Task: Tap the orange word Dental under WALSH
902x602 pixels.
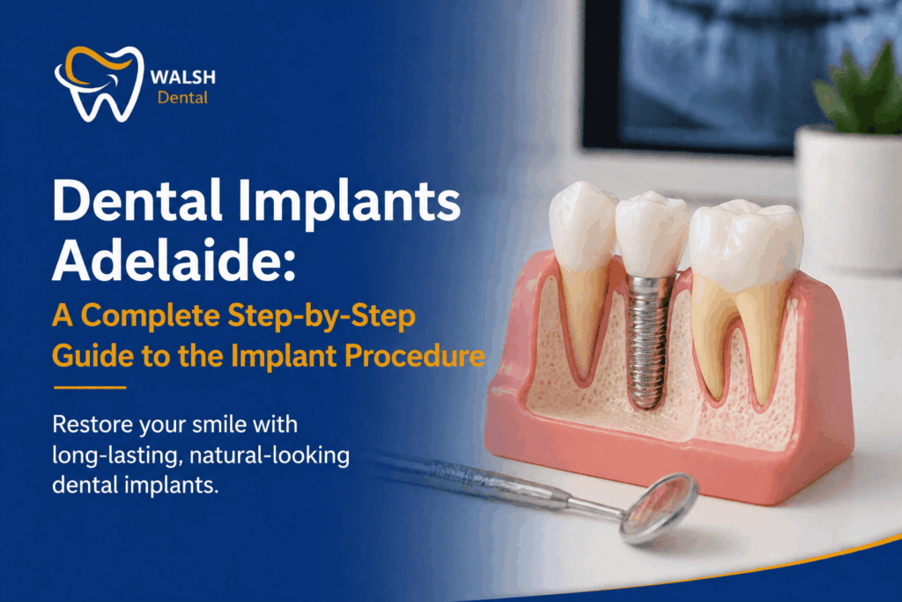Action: pyautogui.click(x=182, y=98)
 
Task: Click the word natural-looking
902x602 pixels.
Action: pyautogui.click(x=267, y=457)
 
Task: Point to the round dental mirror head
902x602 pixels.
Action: pyautogui.click(x=658, y=506)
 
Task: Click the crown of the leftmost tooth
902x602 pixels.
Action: pyautogui.click(x=582, y=225)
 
